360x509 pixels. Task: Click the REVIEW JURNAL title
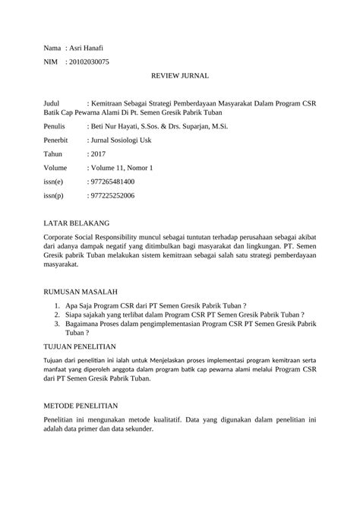pos(180,77)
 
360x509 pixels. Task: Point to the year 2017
pos(98,153)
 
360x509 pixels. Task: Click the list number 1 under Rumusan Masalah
pos(57,303)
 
